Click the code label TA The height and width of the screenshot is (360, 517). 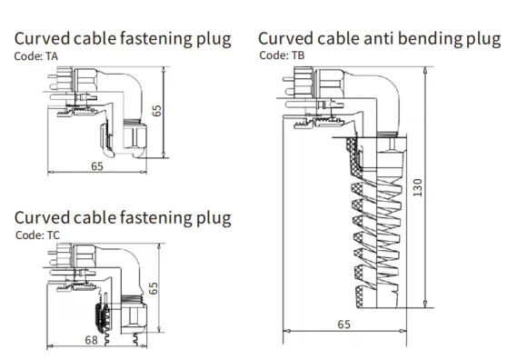click(52, 56)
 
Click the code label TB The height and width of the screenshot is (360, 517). click(298, 55)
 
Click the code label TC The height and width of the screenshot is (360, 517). click(53, 235)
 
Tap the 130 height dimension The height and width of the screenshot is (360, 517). click(417, 187)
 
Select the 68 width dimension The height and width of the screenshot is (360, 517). click(92, 340)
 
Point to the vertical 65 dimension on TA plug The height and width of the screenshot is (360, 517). click(156, 111)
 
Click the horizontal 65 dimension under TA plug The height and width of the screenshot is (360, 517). click(97, 166)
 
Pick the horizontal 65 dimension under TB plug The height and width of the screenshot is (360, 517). click(343, 325)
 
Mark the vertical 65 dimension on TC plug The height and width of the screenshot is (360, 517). click(154, 288)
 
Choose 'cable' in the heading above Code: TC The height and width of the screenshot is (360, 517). click(95, 218)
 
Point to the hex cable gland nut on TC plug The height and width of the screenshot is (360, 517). click(134, 316)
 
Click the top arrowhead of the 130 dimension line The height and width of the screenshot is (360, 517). click(425, 70)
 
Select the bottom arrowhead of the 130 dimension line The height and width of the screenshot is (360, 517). click(425, 304)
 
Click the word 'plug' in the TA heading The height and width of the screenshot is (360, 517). click(214, 40)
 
